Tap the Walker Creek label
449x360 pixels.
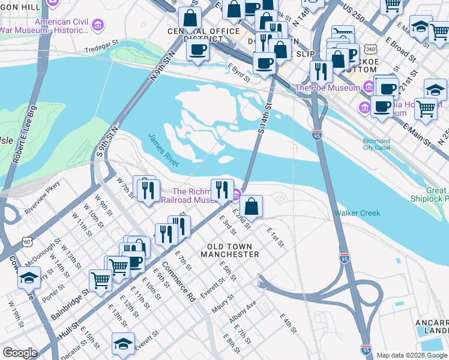click(x=357, y=213)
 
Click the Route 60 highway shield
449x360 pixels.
click(x=27, y=241)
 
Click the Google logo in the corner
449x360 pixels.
click(x=20, y=353)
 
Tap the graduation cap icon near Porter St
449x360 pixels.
click(x=29, y=277)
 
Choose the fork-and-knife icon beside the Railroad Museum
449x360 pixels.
click(x=222, y=189)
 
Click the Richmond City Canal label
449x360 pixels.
click(x=376, y=144)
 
